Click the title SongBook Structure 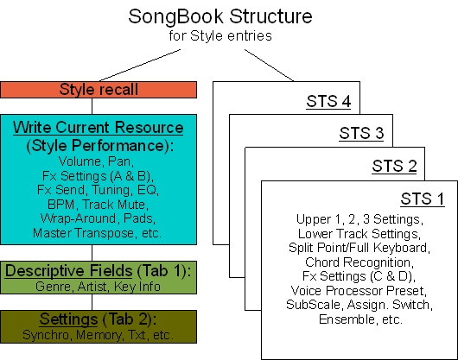click(x=220, y=16)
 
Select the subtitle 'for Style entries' click(x=220, y=36)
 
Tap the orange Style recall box click(x=99, y=90)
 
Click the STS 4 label click(x=328, y=102)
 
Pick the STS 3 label click(x=361, y=133)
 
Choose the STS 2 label click(x=394, y=167)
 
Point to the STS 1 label click(x=423, y=199)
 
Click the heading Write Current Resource click(x=99, y=128)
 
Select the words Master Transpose click(x=83, y=233)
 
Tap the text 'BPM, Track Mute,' click(x=98, y=205)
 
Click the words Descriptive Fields click(x=68, y=271)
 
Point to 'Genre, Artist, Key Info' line click(x=98, y=287)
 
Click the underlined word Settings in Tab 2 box click(x=68, y=319)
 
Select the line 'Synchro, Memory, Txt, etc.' click(x=99, y=335)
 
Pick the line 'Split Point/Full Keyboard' click(x=359, y=248)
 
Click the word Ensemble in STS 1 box click(x=347, y=319)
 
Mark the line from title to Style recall click(x=140, y=66)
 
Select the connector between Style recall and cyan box click(x=92, y=106)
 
